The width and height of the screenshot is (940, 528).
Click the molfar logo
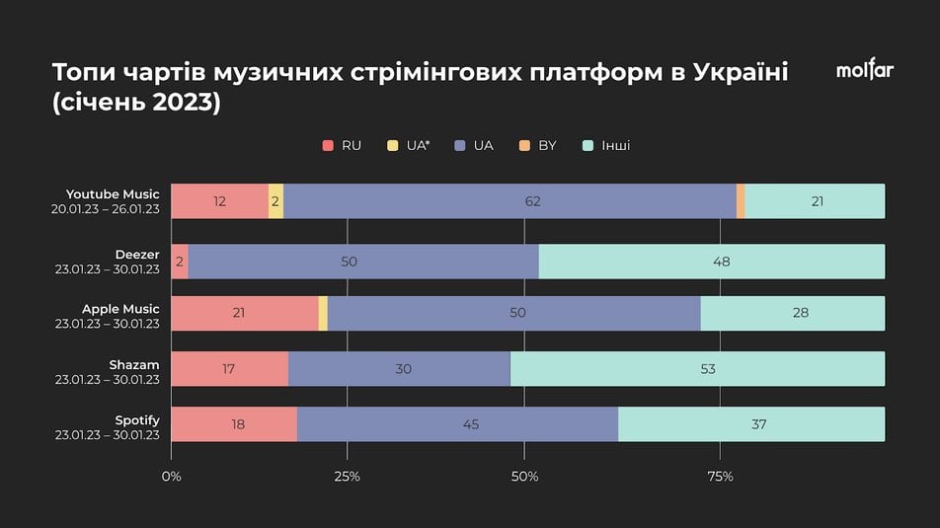(x=864, y=70)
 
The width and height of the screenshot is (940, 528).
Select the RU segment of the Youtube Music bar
(x=219, y=201)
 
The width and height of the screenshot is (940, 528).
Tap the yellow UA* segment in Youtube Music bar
(x=276, y=201)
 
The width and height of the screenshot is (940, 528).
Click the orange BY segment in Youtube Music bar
(x=741, y=201)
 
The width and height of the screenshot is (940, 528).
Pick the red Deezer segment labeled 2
(x=180, y=262)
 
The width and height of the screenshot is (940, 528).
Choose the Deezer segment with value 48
(x=711, y=262)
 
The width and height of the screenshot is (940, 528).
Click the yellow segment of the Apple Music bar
(x=323, y=313)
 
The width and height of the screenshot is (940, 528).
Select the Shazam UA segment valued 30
(x=399, y=369)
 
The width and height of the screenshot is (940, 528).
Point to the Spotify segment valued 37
(x=750, y=424)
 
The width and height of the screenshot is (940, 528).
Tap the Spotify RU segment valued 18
(x=234, y=424)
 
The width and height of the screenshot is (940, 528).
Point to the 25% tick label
(x=348, y=478)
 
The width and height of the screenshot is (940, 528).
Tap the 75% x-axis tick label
(x=721, y=478)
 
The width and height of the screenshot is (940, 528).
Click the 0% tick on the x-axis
(x=172, y=478)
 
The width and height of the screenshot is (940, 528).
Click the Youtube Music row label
(x=113, y=194)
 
